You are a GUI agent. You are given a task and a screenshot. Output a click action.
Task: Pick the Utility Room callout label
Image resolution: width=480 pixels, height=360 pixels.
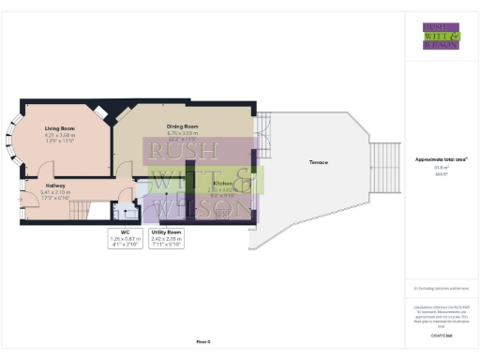point(165,230)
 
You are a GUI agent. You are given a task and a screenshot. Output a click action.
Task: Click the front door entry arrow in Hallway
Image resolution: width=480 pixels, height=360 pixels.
point(22,197)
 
